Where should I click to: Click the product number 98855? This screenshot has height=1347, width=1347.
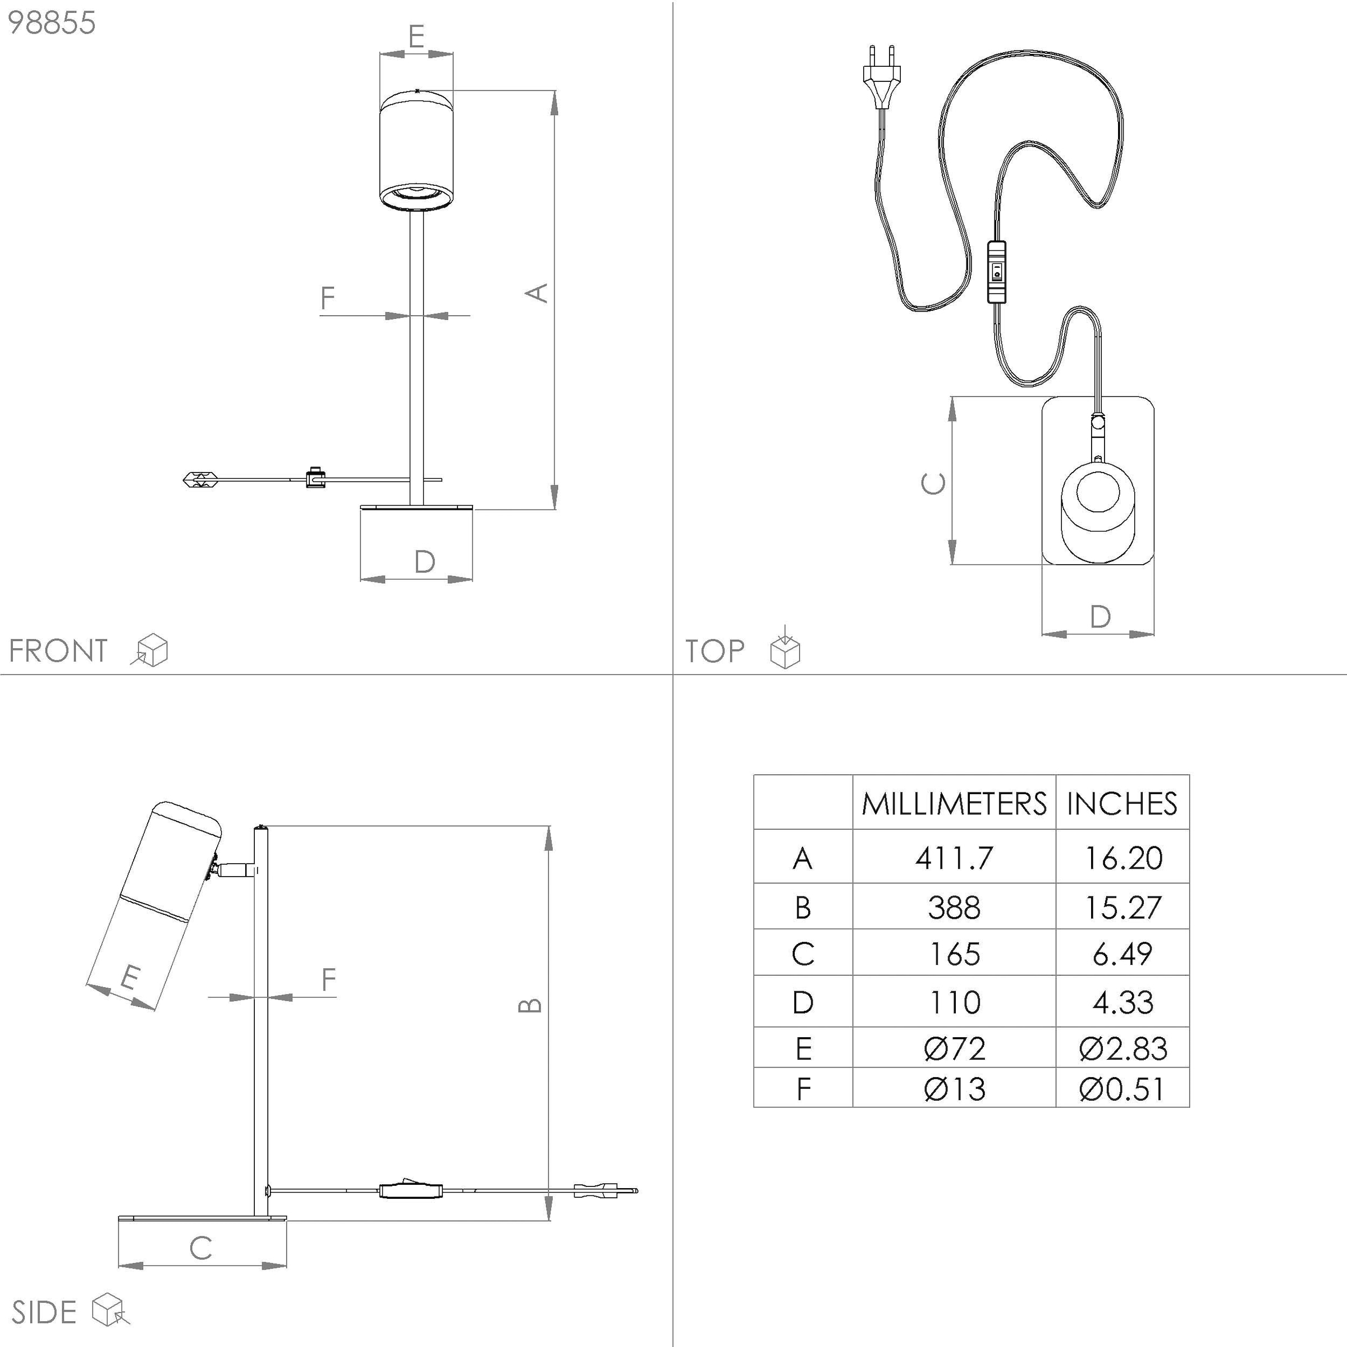point(52,23)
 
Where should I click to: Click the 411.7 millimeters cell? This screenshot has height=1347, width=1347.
point(954,858)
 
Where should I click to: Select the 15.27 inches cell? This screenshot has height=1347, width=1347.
point(1122,907)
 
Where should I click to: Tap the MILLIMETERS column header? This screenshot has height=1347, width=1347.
point(954,803)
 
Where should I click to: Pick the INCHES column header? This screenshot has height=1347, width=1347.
point(1122,803)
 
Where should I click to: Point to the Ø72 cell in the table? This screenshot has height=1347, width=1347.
point(954,1048)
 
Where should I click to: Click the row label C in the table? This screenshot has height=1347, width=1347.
point(803,954)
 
